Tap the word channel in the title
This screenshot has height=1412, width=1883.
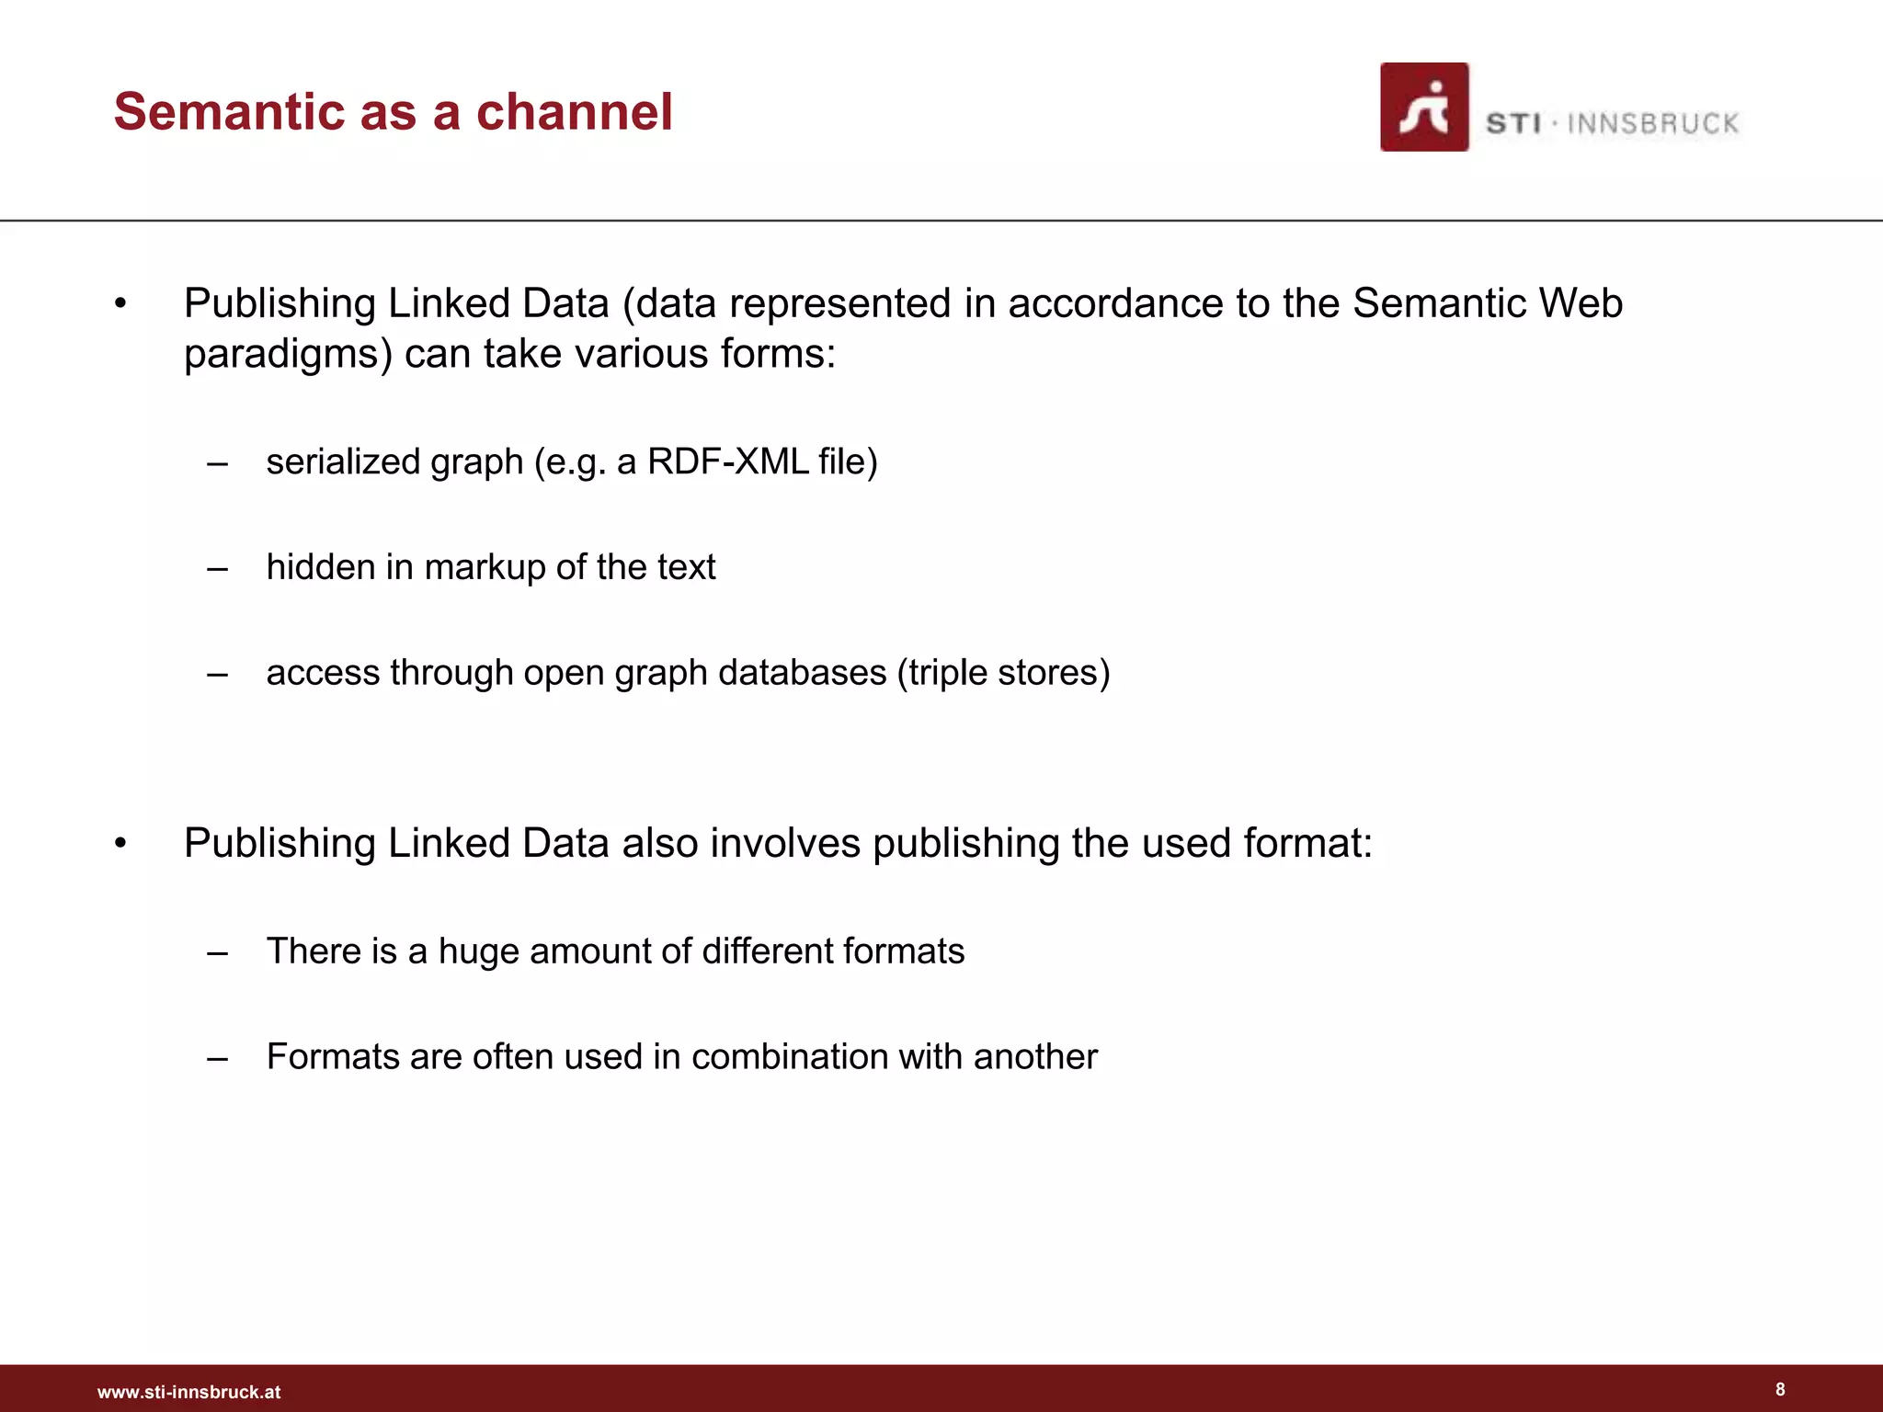[x=574, y=112]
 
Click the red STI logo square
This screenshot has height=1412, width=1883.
[x=1423, y=108]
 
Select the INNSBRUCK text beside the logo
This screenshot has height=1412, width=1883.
[x=1652, y=124]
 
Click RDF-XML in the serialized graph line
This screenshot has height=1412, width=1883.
[x=728, y=461]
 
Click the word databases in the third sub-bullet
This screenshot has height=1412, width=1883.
[x=801, y=673]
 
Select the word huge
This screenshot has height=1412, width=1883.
[x=478, y=952]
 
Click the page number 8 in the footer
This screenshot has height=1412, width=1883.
[x=1780, y=1389]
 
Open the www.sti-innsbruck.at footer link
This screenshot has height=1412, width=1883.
[x=188, y=1392]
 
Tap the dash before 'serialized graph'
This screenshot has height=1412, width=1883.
[x=217, y=462]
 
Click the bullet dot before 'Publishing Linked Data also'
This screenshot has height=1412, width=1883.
[x=120, y=844]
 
